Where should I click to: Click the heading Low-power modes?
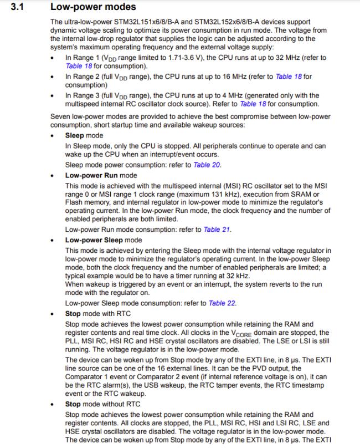pos(92,7)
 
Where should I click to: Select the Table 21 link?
pos(217,230)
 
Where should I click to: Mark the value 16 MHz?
pos(244,77)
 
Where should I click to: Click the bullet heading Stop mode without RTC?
pos(102,404)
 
